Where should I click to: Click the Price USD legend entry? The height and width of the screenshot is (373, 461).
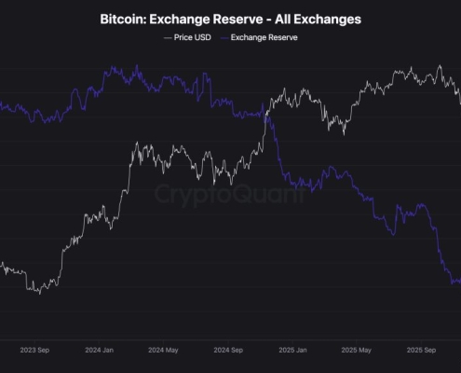point(190,37)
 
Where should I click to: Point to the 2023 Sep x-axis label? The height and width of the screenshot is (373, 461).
point(34,351)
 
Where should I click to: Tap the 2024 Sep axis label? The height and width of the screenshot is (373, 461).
point(227,351)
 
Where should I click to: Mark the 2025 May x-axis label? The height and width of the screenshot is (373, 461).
point(357,351)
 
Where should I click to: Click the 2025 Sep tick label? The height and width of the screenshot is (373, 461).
point(421,351)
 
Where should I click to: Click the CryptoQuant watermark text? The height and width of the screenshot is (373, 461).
point(230,196)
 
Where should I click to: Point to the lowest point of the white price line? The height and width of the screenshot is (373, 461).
point(39,294)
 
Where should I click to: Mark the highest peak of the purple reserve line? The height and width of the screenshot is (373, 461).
point(113,66)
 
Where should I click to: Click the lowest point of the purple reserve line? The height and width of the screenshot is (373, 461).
point(452,283)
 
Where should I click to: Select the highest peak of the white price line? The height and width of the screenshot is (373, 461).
point(439,66)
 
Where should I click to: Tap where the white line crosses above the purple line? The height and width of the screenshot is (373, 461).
point(266,114)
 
